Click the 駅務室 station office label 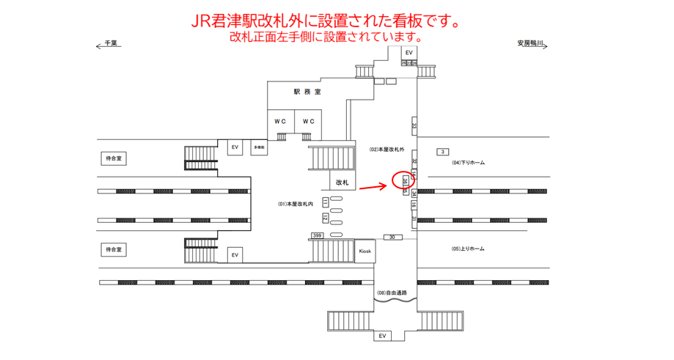coord(307,92)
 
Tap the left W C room coord(280,121)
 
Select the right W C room coord(309,121)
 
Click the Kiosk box coord(365,251)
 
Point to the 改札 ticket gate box coord(342,182)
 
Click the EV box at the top coord(409,53)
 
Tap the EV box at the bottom coord(381,336)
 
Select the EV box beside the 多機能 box coord(235,147)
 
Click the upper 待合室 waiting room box coord(115,158)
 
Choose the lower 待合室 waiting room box coord(115,250)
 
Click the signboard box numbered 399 coord(317,235)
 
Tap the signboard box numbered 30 coord(392,237)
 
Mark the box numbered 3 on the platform coord(442,152)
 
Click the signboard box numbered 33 coord(414,126)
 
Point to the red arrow coord(373,186)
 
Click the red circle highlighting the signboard coord(404,180)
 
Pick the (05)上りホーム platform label coord(468,249)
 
